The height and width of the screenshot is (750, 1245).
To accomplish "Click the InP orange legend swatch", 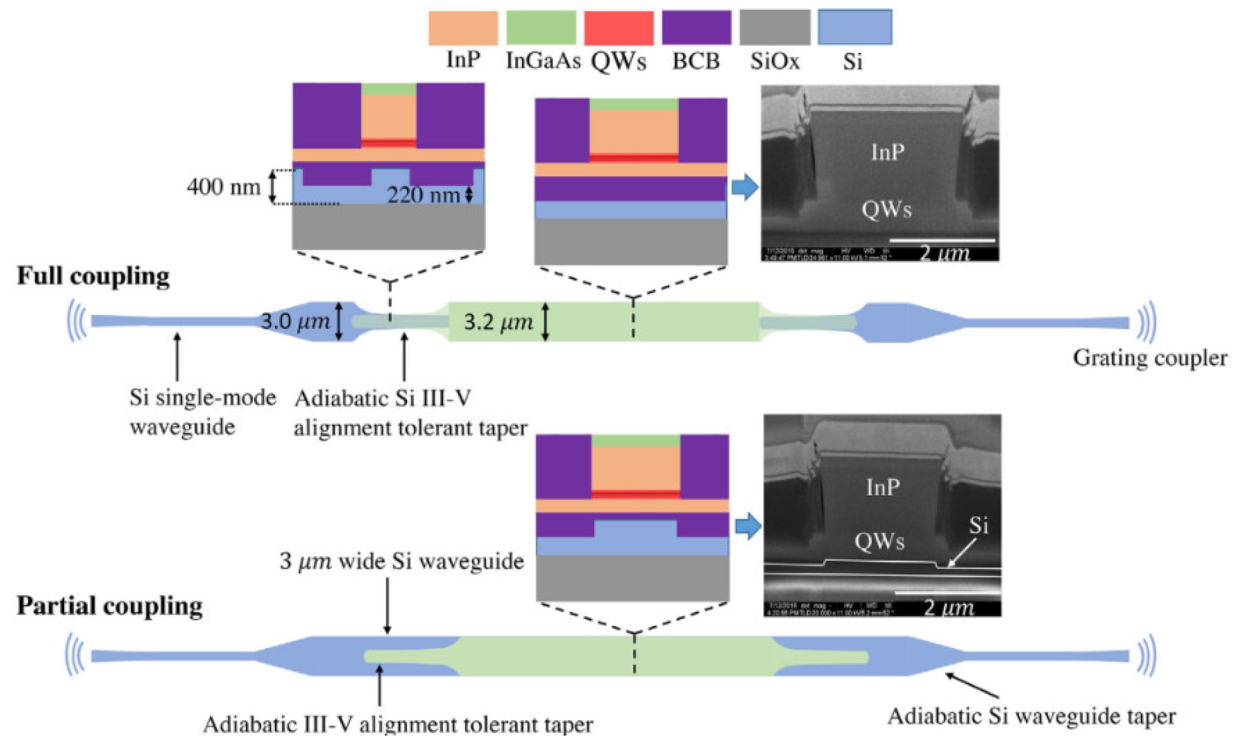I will point(463,28).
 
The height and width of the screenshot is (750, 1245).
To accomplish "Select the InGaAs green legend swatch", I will point(541,28).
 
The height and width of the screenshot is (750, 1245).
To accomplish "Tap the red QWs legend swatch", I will point(618,28).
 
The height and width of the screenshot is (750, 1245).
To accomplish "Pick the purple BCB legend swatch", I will point(696,28).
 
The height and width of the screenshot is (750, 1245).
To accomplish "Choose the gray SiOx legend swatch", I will point(774,28).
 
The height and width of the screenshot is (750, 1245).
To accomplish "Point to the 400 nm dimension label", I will point(224,187).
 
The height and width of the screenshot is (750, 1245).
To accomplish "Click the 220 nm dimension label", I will point(423,195).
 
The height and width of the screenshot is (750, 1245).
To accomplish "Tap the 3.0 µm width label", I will point(295,322).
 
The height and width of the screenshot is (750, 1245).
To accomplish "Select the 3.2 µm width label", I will point(498,322).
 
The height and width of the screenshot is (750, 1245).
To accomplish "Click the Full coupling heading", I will point(93,277).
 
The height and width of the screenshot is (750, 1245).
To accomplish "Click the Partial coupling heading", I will point(110,606).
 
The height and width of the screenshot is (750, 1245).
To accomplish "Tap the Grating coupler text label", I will point(1150,358).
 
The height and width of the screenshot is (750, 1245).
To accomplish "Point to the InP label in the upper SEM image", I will point(888,152).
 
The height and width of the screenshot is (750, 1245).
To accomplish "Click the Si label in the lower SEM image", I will point(978,525).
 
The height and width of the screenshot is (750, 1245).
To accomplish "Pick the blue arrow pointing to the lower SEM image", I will point(748,526).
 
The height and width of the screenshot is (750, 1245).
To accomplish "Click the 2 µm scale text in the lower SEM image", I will point(948,608).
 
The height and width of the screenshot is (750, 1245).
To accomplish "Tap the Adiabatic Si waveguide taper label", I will point(1032,717).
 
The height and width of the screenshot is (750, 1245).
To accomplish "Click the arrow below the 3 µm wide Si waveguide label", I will point(387,605).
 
